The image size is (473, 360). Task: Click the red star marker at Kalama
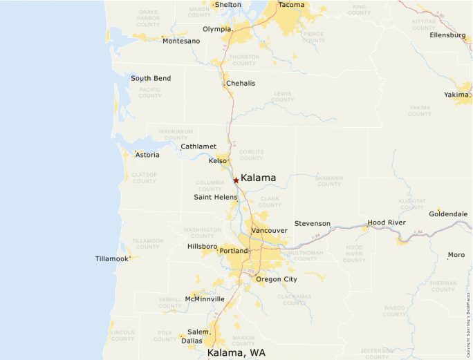click(236, 180)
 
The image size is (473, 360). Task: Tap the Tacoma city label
click(291, 5)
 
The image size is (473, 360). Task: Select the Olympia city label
click(217, 29)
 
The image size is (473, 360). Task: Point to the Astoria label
click(147, 155)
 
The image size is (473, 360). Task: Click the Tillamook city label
click(112, 259)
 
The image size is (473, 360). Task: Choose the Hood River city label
click(387, 222)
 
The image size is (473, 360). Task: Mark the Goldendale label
click(448, 214)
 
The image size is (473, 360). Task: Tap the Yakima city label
click(456, 94)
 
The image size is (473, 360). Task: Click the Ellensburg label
click(447, 35)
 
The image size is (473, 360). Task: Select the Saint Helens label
click(215, 198)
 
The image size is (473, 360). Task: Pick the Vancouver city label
click(269, 230)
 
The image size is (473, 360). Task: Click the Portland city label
click(232, 251)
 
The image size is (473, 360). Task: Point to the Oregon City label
click(276, 279)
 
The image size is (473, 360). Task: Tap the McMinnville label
click(205, 299)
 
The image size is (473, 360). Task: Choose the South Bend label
click(151, 79)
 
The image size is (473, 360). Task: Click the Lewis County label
click(282, 97)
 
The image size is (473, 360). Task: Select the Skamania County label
click(328, 181)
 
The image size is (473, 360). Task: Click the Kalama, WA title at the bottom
click(236, 353)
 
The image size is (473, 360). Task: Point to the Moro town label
click(456, 255)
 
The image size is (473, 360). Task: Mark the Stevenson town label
click(313, 224)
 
